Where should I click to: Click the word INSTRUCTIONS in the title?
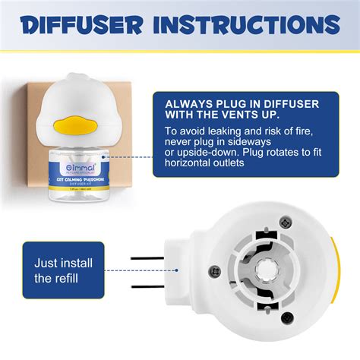coord(251,25)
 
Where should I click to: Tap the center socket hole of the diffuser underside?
coord(268,270)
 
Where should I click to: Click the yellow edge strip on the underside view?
coord(335,271)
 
